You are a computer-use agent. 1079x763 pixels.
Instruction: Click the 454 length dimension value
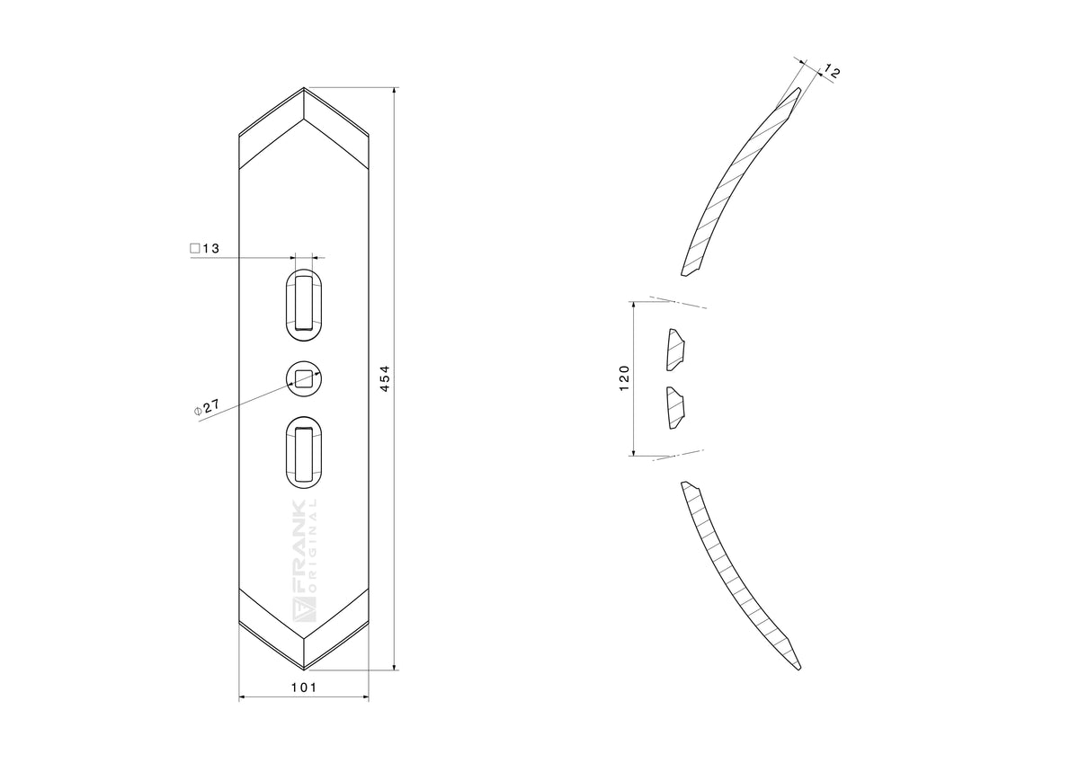386,378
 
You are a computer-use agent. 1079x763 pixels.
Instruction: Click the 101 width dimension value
304,688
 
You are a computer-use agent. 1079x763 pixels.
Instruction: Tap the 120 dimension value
624,378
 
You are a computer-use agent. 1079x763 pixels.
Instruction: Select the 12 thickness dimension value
832,72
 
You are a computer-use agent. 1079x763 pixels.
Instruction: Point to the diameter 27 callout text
207,407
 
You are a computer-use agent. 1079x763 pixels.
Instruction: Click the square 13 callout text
205,248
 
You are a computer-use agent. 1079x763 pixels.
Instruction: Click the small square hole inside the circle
304,378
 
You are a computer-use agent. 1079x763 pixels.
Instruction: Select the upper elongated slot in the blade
304,306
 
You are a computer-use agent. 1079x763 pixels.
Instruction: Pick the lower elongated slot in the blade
304,453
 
